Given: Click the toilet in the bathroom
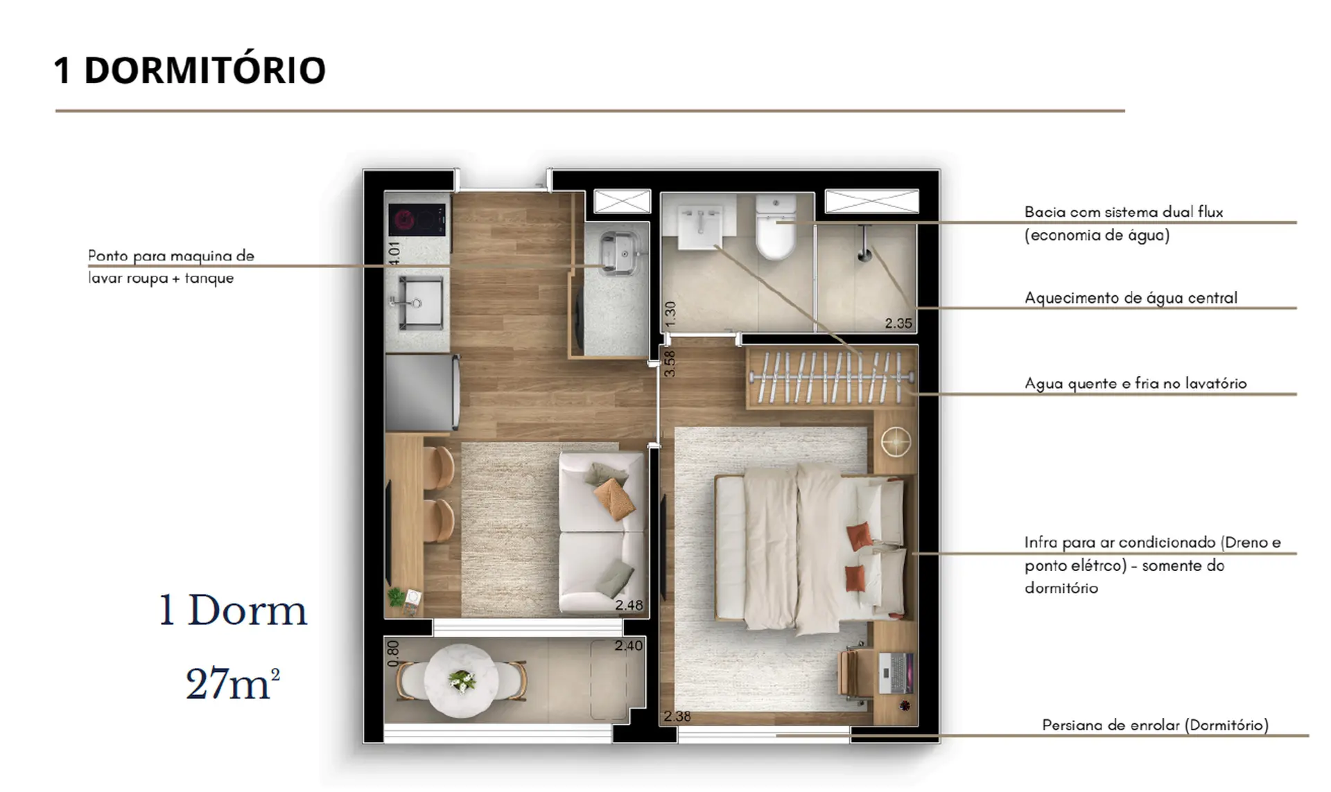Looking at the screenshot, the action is pos(775,227).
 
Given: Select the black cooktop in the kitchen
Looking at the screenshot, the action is pos(417,220).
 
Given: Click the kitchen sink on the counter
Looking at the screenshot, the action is pos(419,303).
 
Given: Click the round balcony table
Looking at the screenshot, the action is pos(461,678).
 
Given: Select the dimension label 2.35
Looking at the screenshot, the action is pos(898,324).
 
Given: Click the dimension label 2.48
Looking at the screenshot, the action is pos(629,605).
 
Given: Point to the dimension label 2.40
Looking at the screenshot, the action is pos(628,646).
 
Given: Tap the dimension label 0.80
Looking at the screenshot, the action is pos(393,653).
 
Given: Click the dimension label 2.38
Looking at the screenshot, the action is pos(677,716).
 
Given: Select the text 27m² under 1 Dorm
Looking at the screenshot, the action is pos(233,684).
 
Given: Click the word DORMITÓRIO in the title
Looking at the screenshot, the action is pos(205,70).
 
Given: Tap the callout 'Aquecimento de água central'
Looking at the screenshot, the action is pos(1131,298).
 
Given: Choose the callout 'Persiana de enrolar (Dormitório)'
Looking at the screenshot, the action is pos(1156,725).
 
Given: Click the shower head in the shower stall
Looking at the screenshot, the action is pos(864,254).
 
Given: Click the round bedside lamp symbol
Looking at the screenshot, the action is pos(896,442).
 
